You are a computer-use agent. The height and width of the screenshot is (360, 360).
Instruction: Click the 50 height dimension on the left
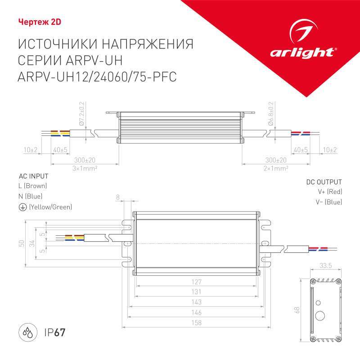[21, 243]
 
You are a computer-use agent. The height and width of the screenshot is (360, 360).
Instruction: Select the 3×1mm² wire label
[85, 168]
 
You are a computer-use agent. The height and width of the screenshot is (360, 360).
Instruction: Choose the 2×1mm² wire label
[275, 168]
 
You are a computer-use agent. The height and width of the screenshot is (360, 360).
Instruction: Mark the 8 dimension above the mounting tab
[118, 197]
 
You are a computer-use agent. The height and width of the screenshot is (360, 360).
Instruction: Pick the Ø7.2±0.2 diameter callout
[81, 113]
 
